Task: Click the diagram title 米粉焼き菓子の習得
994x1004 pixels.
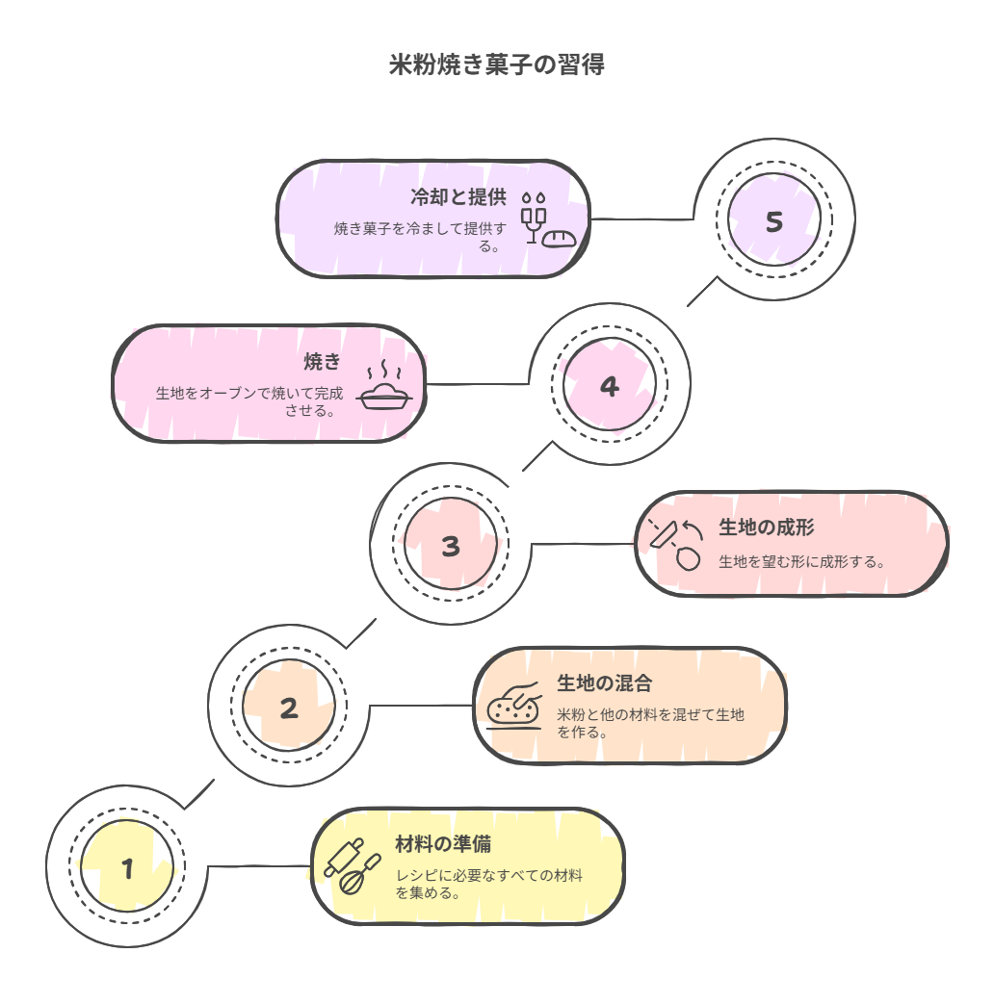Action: tap(497, 65)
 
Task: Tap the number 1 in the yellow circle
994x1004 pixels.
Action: tap(127, 869)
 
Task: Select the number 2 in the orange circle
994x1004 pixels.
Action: tap(289, 708)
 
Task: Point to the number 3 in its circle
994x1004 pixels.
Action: tap(451, 547)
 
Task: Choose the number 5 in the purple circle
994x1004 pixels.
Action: tap(773, 222)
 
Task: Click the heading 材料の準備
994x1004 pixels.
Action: tap(443, 844)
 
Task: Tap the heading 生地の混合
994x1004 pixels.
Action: tap(605, 683)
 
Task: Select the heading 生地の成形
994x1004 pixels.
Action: tap(767, 528)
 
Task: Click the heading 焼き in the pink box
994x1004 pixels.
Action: tap(323, 362)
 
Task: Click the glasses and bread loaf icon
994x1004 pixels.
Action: tap(548, 221)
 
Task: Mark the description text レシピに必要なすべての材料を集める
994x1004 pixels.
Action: tap(489, 884)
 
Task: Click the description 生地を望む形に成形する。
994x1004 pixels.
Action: tap(802, 561)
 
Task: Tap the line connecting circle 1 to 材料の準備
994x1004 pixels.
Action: tap(258, 866)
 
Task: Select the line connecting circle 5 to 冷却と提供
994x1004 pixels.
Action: tap(641, 219)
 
